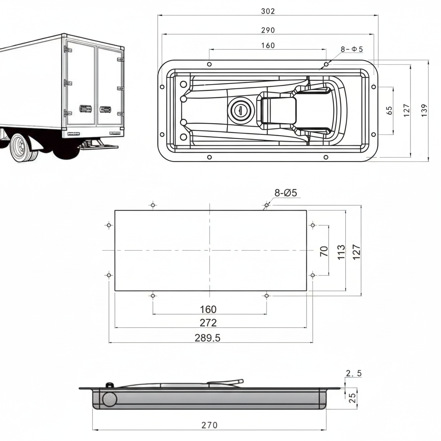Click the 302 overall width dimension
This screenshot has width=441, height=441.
click(x=268, y=11)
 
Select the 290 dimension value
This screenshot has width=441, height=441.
click(x=268, y=30)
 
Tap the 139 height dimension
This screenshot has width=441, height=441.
click(x=424, y=110)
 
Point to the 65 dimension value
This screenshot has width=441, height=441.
click(x=390, y=110)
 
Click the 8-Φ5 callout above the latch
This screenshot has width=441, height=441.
click(x=351, y=49)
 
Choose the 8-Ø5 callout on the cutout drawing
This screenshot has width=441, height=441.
click(x=286, y=193)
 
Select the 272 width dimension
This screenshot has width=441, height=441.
click(x=208, y=323)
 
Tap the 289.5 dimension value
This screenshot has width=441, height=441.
click(x=208, y=338)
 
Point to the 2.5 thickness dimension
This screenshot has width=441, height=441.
click(x=353, y=373)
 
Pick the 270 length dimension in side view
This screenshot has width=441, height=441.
click(x=209, y=425)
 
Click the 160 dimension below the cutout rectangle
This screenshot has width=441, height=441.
click(x=208, y=309)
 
